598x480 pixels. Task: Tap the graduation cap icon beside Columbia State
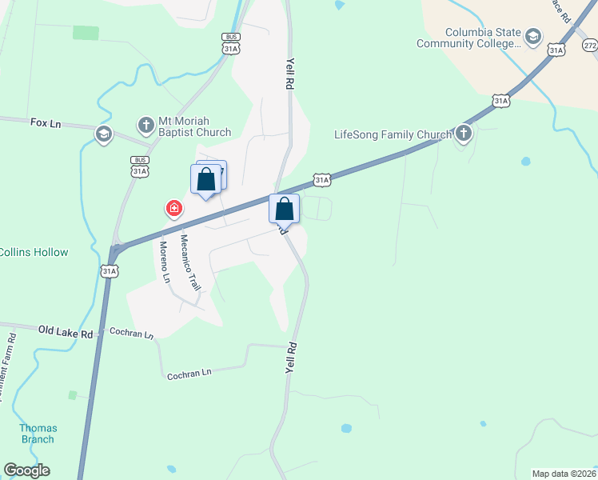coord(532,36)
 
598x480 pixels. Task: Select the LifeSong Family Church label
coord(392,134)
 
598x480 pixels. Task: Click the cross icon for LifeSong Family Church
coord(464,132)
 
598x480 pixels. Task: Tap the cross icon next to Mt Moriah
coord(146,125)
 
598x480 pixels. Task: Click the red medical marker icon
coord(173,210)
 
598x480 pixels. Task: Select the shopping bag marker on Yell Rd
coord(284,210)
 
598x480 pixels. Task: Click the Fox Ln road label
coord(46,122)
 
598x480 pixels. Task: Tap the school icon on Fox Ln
coord(102,134)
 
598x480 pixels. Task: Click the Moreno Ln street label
coord(165,262)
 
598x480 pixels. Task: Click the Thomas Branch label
coord(38,433)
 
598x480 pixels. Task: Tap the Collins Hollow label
coord(34,252)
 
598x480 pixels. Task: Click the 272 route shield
coord(590,46)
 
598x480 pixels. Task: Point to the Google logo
coord(26,470)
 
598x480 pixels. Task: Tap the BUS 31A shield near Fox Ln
coord(140,166)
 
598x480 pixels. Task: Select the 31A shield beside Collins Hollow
coord(110,271)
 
